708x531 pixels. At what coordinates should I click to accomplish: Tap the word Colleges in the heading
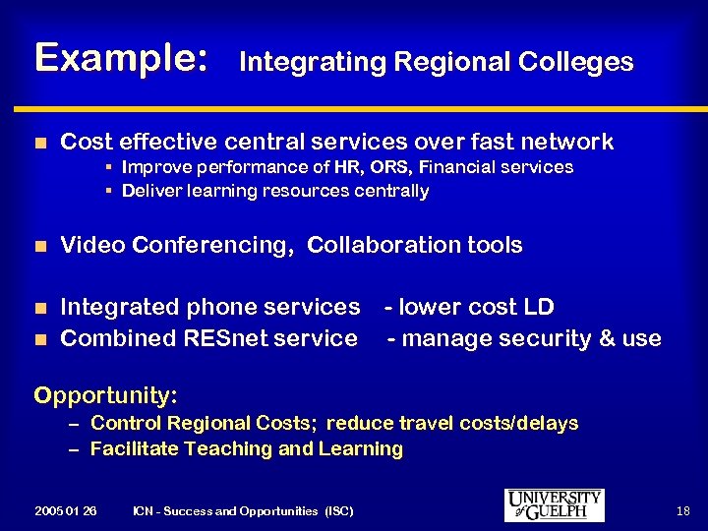coord(585,62)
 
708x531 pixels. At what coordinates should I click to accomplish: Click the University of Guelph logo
coord(554,505)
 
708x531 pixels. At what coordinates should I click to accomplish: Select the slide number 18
coord(683,510)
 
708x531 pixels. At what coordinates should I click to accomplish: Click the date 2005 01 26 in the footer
coord(65,511)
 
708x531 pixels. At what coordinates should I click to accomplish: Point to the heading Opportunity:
coord(105,396)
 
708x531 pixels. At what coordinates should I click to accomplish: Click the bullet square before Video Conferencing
coord(39,246)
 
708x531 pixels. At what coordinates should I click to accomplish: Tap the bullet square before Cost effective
coord(39,144)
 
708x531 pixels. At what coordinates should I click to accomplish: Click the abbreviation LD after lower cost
coord(539,307)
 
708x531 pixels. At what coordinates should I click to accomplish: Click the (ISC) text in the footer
coord(337,511)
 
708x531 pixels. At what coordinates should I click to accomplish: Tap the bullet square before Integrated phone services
coord(39,309)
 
